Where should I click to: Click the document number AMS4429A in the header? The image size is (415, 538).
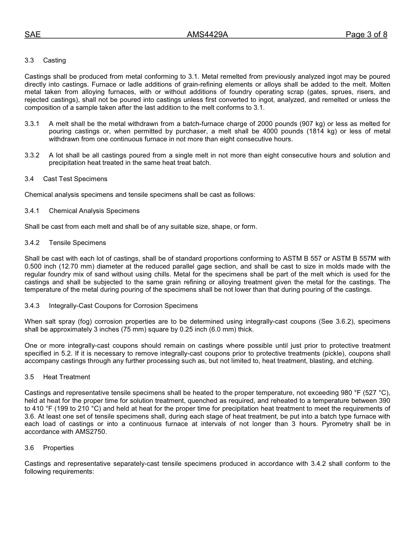coord(207,35)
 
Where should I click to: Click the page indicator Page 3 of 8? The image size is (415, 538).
coord(366,35)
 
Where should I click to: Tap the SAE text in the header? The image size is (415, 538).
coord(32,35)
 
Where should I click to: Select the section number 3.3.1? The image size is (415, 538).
coord(32,124)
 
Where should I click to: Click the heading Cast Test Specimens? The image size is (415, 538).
coord(75,179)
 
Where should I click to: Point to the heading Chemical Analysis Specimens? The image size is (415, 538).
coord(94,211)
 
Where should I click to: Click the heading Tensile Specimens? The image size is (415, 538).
coord(77,243)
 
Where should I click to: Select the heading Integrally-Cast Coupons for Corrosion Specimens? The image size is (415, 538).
coord(123,306)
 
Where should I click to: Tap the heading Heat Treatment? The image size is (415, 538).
coord(66,377)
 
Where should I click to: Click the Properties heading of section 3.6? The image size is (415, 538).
coord(59,448)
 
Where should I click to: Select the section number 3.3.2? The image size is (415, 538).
coord(32,155)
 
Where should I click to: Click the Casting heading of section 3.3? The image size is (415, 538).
coord(55,60)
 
